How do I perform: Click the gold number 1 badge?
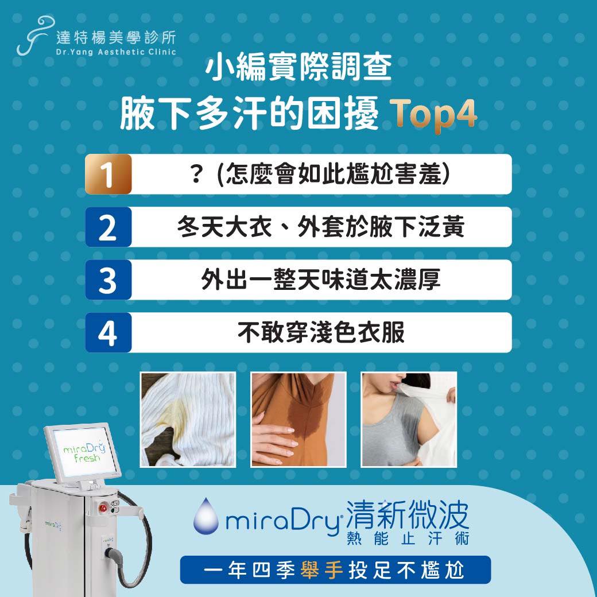[108, 175]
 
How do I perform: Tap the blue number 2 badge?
[108, 227]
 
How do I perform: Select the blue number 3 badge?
[108, 280]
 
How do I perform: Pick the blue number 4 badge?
[108, 333]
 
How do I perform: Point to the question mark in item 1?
[196, 175]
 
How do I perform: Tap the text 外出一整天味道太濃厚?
[321, 280]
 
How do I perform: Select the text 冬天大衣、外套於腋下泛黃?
[320, 227]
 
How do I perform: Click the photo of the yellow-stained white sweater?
[188, 419]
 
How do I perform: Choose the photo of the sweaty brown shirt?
[298, 419]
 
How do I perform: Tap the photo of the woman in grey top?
[409, 419]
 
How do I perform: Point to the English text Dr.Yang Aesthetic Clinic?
[116, 52]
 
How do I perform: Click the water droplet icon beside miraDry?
[206, 515]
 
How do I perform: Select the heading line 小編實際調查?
[299, 67]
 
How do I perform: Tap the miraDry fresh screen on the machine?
[83, 452]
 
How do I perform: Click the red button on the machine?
[103, 508]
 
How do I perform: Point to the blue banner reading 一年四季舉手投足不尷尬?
[335, 570]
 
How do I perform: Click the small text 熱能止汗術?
[408, 538]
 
